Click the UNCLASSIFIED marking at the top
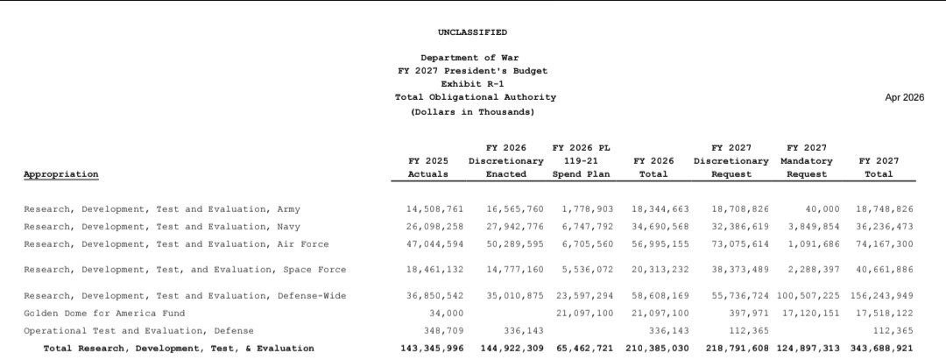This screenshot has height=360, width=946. coord(472,32)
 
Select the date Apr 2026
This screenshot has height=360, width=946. coord(904,97)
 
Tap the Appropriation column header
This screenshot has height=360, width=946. coord(61,174)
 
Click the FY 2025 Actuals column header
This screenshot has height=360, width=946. coord(428,167)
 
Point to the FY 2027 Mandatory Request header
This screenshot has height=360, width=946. coord(806,161)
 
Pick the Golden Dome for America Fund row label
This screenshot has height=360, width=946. coord(104,313)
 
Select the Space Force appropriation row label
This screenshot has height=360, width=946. coord(185,270)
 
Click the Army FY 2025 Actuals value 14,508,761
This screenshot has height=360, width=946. coord(428,209)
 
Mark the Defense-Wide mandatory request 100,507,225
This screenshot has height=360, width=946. coord(806,296)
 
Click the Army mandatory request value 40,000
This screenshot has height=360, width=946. coord(822,209)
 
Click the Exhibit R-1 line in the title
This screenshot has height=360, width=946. coord(472,84)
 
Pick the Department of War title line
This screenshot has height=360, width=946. coord(472,58)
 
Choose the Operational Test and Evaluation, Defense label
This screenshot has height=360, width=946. coord(138,330)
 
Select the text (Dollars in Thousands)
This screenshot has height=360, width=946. coord(472,112)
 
